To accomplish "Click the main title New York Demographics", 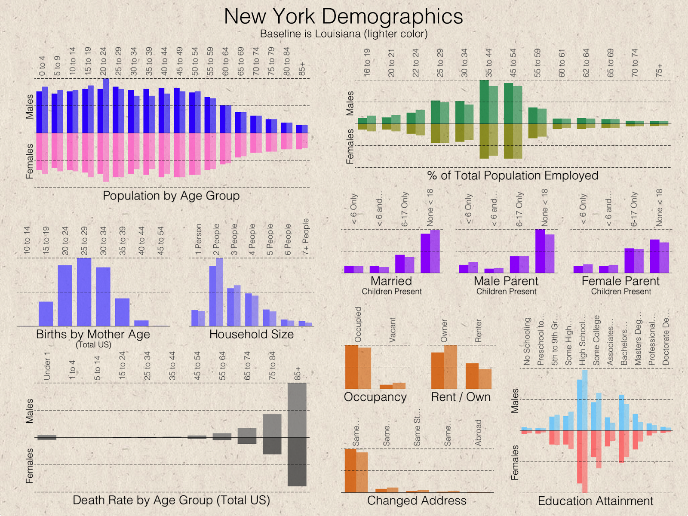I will (344, 17).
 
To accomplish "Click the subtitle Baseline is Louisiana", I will (344, 34).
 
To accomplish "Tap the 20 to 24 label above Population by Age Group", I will (103, 61).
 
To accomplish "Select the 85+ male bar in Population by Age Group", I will (302, 129).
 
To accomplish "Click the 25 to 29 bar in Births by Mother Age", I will (84, 292).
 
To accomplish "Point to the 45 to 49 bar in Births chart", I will (160, 325).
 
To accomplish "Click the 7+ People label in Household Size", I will (306, 236).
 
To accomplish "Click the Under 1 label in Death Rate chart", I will (47, 366).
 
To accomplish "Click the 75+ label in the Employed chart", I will (659, 71).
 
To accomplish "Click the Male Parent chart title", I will (506, 281).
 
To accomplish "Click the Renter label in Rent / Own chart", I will (478, 331).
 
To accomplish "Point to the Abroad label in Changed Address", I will (478, 433).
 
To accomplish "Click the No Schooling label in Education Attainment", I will (527, 341).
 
